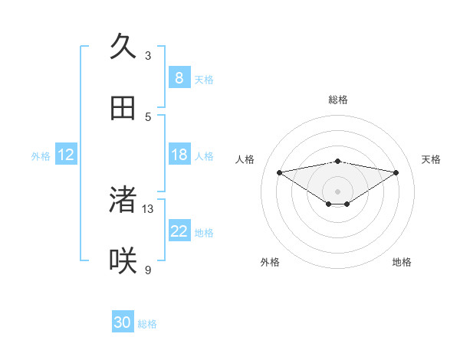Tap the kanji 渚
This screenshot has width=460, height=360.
[x=123, y=199]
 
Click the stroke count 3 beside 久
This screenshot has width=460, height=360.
[x=148, y=55]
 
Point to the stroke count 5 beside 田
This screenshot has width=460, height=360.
[x=148, y=116]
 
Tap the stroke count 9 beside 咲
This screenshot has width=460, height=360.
[x=148, y=270]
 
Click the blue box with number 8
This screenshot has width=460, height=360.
[x=179, y=78]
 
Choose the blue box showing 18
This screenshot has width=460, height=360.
[x=179, y=155]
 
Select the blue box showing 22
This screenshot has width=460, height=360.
[x=179, y=231]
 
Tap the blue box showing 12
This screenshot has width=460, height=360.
[x=66, y=155]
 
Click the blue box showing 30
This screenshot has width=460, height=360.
[x=123, y=322]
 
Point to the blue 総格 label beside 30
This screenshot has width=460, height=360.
[x=147, y=324]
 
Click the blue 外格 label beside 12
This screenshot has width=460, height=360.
[x=41, y=156]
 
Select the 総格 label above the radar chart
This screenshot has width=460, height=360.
[x=337, y=100]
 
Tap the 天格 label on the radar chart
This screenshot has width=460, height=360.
[x=431, y=159]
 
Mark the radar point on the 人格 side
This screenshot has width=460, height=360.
[x=279, y=172]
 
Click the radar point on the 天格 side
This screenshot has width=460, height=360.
[x=396, y=172]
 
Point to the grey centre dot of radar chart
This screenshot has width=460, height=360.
[x=337, y=191]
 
